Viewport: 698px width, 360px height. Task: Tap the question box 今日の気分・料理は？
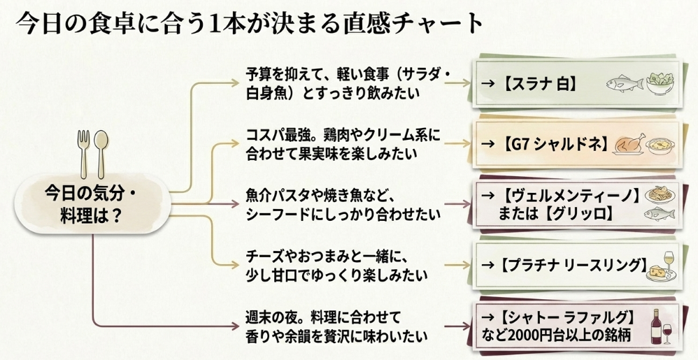(x=92, y=202)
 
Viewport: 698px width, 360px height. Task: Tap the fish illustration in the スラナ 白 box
(x=622, y=83)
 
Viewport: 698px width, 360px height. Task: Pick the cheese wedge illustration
(x=656, y=268)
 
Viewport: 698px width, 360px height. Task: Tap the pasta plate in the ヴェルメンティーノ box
(x=658, y=194)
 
